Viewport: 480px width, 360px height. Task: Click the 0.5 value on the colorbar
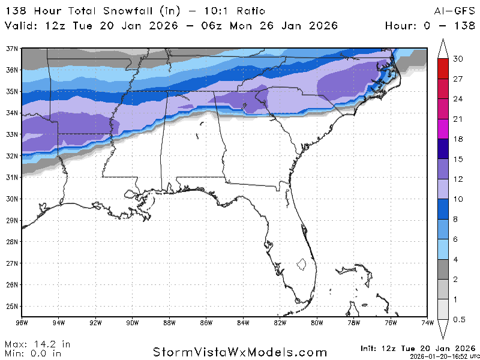click(459, 320)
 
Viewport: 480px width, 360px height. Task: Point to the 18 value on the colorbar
click(457, 139)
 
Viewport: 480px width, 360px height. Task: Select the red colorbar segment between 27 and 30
click(443, 68)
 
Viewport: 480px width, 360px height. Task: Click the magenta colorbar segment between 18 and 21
click(443, 129)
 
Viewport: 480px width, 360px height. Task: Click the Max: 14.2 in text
click(37, 344)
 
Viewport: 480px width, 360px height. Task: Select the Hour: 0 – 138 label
click(428, 26)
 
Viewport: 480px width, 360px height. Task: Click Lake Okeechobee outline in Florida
click(302, 263)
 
